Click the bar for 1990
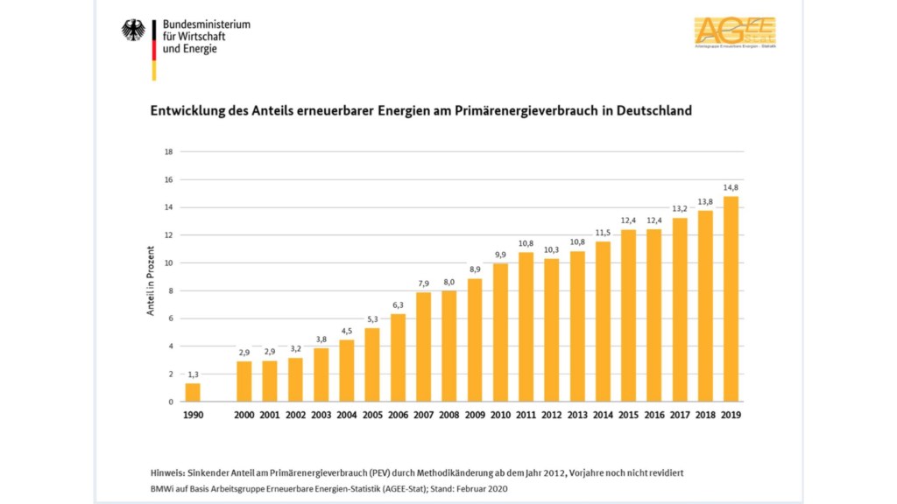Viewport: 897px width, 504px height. (193, 392)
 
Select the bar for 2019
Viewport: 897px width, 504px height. (731, 298)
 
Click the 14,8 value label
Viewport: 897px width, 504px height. (731, 186)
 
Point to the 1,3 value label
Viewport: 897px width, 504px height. (193, 374)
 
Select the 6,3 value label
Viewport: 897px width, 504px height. (398, 304)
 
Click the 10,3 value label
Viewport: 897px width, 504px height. (552, 249)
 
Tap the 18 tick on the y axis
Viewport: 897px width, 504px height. (169, 151)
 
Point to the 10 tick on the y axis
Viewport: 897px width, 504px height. (169, 262)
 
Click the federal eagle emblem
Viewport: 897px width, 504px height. (133, 30)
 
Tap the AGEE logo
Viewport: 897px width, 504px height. (734, 31)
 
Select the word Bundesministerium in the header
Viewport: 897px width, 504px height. (207, 24)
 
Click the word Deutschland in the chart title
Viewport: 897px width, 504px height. (654, 111)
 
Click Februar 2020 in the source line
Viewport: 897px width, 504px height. (482, 488)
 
